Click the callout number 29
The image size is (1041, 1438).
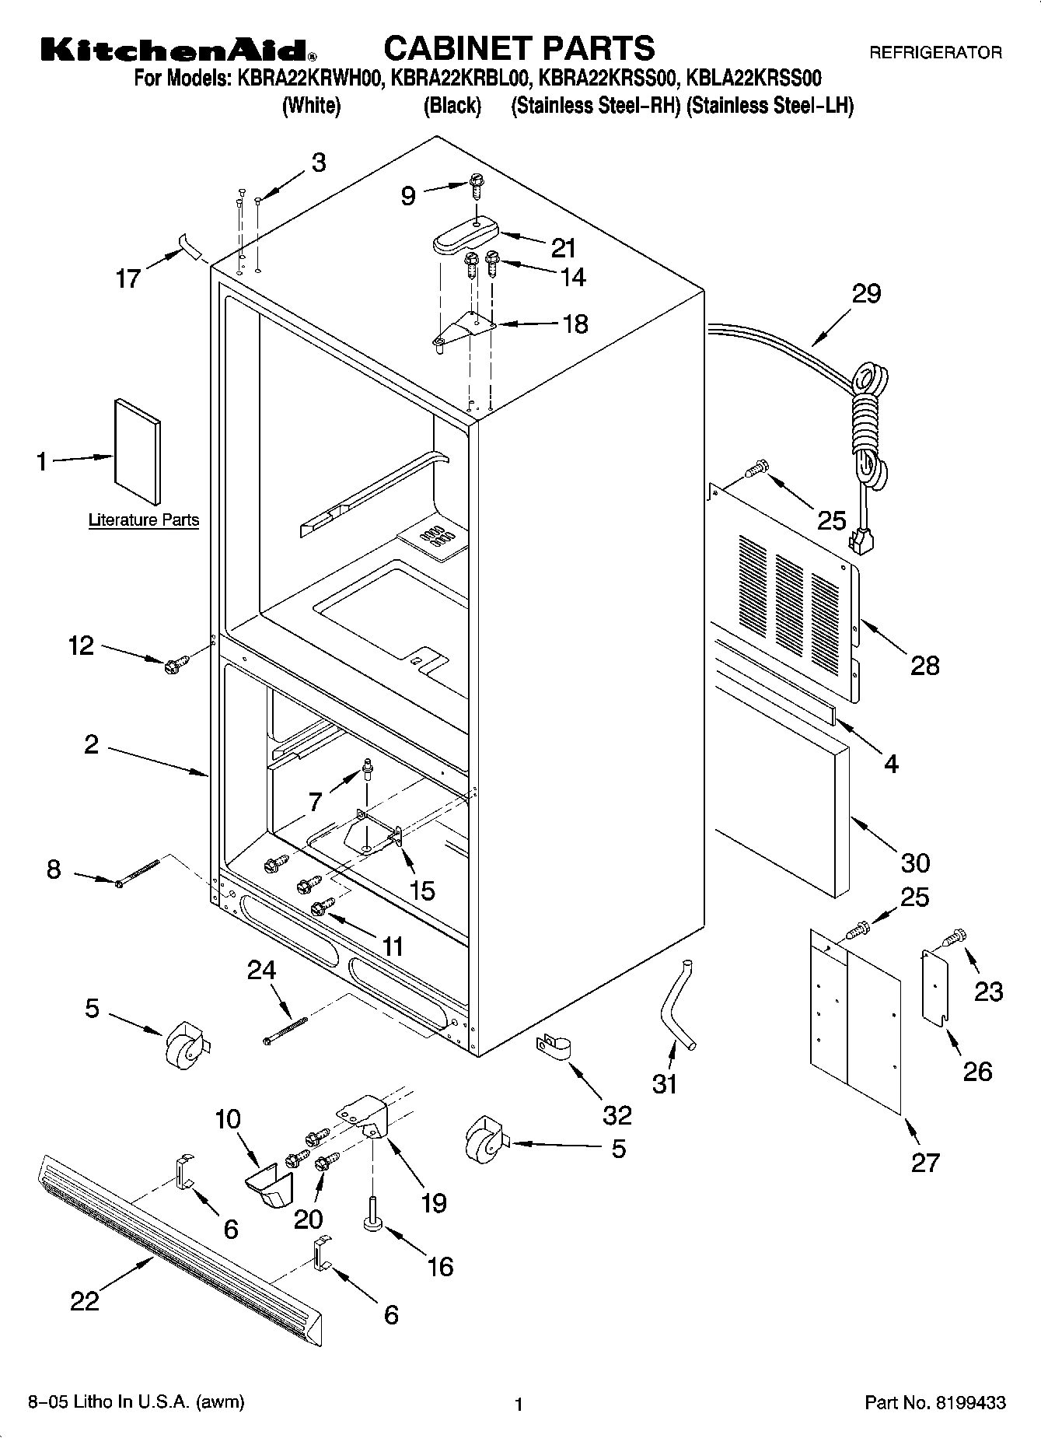pyautogui.click(x=866, y=294)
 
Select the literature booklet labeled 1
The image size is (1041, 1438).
pyautogui.click(x=138, y=451)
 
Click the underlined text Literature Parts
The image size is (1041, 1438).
pyautogui.click(x=144, y=520)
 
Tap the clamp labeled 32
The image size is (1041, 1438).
pyautogui.click(x=553, y=1046)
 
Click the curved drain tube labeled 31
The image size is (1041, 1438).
pyautogui.click(x=676, y=1004)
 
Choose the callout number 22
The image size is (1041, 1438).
pyautogui.click(x=85, y=1300)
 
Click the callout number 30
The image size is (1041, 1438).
pyautogui.click(x=915, y=862)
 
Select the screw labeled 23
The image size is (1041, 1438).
pyautogui.click(x=955, y=937)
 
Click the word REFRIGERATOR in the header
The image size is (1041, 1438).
pyautogui.click(x=934, y=53)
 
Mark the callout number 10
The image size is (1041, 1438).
pyautogui.click(x=228, y=1119)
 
